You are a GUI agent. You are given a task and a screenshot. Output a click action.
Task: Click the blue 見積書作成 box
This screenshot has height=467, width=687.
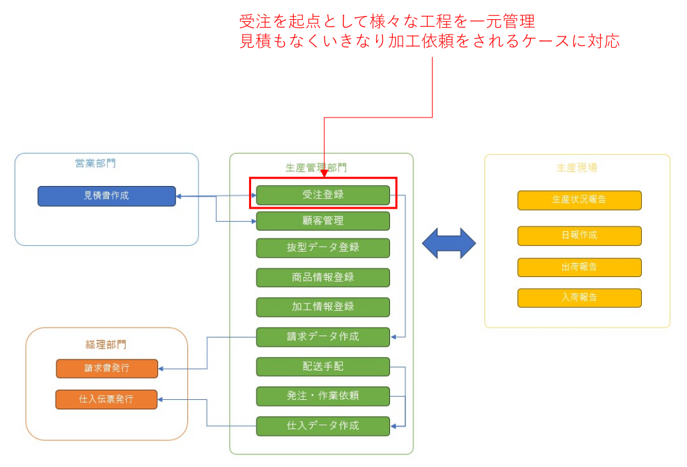106,196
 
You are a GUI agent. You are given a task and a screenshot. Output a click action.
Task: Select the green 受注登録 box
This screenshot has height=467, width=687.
323,195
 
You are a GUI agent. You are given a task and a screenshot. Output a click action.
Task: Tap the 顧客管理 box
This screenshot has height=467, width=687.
323,221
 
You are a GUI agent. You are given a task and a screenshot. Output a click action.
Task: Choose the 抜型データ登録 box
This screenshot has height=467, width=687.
323,248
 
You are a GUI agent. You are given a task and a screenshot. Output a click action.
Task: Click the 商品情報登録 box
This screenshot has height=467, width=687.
323,278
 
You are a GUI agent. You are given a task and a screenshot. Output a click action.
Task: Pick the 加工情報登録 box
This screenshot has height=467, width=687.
323,307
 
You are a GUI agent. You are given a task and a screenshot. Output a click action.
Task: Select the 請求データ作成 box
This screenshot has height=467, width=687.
323,337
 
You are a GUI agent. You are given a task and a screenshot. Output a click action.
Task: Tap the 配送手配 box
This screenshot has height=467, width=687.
323,367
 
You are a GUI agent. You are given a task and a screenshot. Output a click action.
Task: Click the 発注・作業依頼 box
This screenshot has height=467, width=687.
323,396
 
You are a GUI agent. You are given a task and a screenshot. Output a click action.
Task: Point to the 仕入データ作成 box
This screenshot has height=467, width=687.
323,426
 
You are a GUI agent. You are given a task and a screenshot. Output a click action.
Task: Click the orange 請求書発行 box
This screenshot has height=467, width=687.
107,369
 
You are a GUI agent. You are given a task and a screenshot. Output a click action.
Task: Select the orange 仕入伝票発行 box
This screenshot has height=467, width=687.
107,399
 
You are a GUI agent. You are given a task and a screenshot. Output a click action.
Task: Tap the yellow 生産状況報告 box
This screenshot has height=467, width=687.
579,200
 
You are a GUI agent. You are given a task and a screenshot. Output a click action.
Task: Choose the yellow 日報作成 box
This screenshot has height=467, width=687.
579,236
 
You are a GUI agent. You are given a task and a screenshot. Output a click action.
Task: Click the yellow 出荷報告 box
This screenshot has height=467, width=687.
579,267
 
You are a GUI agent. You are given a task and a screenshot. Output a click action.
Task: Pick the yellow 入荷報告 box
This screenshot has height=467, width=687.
579,298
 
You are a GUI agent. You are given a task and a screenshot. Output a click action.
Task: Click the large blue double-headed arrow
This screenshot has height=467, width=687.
449,243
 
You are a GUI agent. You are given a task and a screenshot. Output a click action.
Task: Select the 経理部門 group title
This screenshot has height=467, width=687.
106,345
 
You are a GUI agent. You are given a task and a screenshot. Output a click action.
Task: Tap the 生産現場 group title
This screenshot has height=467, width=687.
577,167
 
